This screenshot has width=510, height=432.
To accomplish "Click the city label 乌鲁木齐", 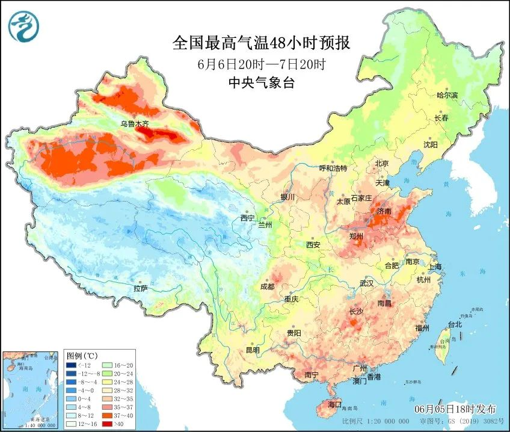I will (x=134, y=124).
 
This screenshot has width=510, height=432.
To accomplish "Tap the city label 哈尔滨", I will (x=447, y=96).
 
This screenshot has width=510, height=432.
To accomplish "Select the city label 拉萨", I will (x=141, y=289).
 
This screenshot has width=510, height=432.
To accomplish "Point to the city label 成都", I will (x=268, y=286).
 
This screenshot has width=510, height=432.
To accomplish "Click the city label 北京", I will (x=382, y=163).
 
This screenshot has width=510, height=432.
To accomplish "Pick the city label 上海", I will (x=434, y=267).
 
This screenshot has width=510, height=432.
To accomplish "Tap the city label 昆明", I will (x=252, y=350).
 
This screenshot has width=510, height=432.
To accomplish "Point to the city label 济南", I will (x=383, y=212).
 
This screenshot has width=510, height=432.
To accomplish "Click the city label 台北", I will (x=454, y=324).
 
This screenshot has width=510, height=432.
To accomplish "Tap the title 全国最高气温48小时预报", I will (x=261, y=43).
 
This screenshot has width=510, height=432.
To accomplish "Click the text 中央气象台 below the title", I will (x=261, y=84).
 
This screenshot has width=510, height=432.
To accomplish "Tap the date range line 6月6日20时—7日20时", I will (x=261, y=64).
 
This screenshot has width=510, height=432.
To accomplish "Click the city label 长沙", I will (x=356, y=312).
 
